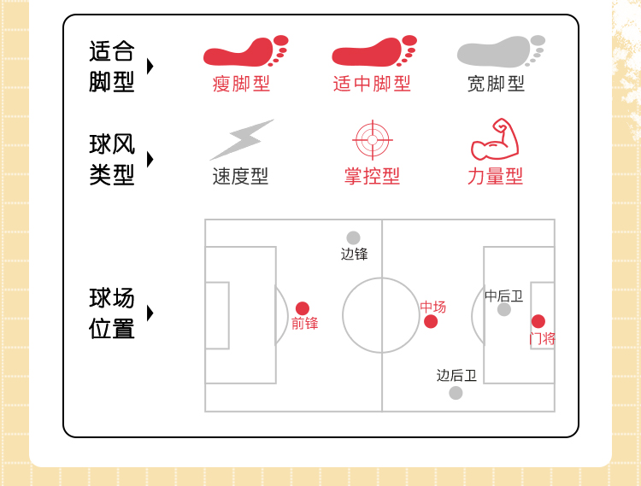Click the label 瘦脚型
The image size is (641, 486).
click(241, 84)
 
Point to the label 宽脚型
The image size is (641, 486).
click(496, 84)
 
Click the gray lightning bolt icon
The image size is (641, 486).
click(241, 139)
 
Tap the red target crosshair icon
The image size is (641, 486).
click(372, 140)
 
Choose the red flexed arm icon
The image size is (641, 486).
click(495, 140)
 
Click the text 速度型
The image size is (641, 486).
click(240, 177)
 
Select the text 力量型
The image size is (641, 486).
click(495, 177)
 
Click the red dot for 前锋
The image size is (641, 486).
click(303, 308)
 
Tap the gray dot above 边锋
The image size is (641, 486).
click(353, 237)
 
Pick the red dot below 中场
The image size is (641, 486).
click(431, 321)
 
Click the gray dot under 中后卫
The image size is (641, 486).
click(504, 309)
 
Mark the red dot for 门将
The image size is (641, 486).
click(538, 321)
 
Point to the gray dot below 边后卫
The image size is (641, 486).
click(456, 393)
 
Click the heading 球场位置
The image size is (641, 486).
click(112, 313)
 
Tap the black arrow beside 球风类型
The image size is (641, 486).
click(150, 160)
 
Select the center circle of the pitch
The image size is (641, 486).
click(381, 315)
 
